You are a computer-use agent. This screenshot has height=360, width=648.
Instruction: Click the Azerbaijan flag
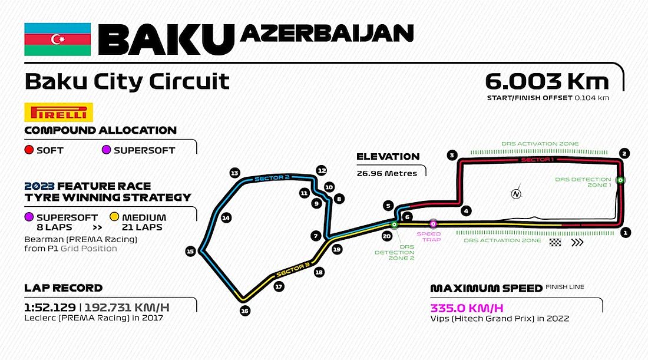57,39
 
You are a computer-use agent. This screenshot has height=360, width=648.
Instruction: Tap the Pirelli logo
58,112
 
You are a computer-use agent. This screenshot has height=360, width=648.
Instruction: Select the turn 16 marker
245,311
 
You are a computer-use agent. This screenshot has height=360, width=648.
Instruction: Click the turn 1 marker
625,232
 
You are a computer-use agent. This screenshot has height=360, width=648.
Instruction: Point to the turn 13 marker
234,173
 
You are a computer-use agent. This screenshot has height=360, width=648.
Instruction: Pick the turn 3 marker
452,156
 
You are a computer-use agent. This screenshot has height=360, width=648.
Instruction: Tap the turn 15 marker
190,251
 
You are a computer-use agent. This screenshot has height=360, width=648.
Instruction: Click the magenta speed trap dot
433,223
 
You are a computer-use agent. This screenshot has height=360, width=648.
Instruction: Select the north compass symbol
517,193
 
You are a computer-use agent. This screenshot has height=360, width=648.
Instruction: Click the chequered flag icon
554,242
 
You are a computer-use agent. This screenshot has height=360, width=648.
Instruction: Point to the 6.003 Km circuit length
546,81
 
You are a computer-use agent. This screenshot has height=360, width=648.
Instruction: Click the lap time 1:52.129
50,308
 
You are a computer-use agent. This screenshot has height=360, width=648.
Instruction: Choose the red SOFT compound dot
28,150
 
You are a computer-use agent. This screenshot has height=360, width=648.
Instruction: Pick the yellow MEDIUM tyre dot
114,217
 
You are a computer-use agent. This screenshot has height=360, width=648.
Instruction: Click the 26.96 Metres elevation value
387,173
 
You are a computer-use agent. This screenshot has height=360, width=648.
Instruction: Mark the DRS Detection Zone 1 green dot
620,180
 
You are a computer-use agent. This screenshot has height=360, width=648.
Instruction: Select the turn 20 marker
386,236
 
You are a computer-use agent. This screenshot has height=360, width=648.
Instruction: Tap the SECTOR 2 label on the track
271,178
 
